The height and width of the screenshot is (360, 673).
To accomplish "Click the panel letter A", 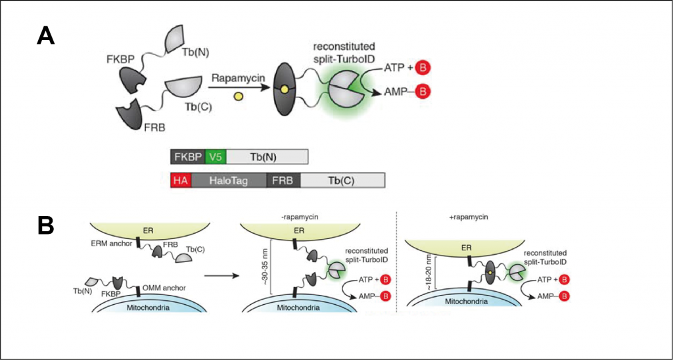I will point(45,34).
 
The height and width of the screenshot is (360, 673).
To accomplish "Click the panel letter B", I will point(45,225).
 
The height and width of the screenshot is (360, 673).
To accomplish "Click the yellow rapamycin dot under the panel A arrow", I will point(239,97).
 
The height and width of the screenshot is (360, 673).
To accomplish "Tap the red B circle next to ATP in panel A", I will point(424,67).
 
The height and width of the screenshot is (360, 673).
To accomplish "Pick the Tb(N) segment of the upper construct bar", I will point(266,157).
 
